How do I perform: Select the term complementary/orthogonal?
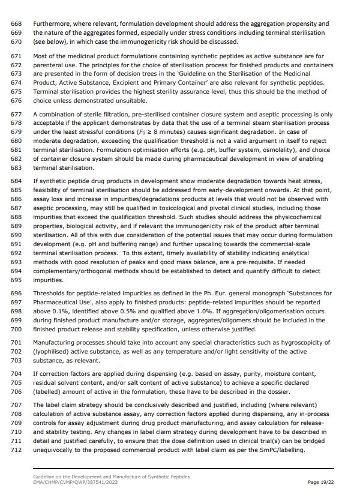[75, 271]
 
